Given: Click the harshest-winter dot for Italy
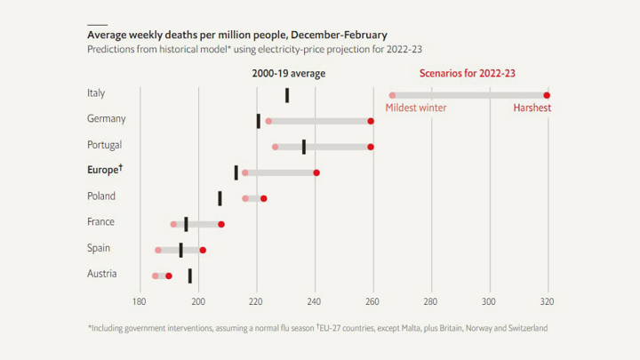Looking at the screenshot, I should tap(547, 95).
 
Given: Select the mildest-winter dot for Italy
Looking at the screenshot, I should tap(392, 95).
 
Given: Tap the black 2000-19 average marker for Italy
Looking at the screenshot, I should tap(287, 95).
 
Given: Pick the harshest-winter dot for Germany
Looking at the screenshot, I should tap(371, 121).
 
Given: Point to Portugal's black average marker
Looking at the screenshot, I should tap(304, 147).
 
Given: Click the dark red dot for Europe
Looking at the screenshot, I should tap(316, 172).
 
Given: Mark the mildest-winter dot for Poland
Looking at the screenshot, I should tap(245, 198).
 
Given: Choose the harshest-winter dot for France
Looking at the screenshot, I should tap(221, 224).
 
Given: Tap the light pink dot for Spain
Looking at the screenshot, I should tap(158, 250).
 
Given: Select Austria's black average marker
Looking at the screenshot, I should tap(189, 276).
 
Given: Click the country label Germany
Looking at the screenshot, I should tap(107, 118).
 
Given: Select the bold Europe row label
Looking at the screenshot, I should tap(105, 170).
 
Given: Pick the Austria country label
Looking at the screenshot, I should tap(102, 274).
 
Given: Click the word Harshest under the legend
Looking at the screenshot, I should tap(532, 108).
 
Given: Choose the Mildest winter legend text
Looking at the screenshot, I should tap(417, 108).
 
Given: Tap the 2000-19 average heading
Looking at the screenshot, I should tap(289, 73).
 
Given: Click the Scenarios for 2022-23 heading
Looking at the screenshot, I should tap(467, 73).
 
